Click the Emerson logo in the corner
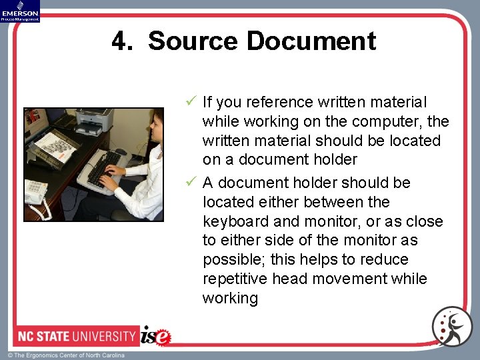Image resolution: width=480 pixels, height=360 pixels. (x=20, y=11)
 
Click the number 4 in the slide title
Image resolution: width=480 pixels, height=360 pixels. (x=120, y=41)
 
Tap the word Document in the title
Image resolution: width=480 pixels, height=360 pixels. (x=311, y=41)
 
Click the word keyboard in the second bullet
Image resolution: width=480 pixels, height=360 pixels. (x=233, y=221)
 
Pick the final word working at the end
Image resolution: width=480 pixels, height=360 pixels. (x=230, y=298)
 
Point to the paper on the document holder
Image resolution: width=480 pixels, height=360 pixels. (x=56, y=146)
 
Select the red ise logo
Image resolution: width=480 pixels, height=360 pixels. (x=156, y=335)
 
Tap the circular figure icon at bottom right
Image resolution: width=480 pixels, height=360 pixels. (x=451, y=326)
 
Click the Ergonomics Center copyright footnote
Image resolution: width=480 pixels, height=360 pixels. (x=66, y=355)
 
